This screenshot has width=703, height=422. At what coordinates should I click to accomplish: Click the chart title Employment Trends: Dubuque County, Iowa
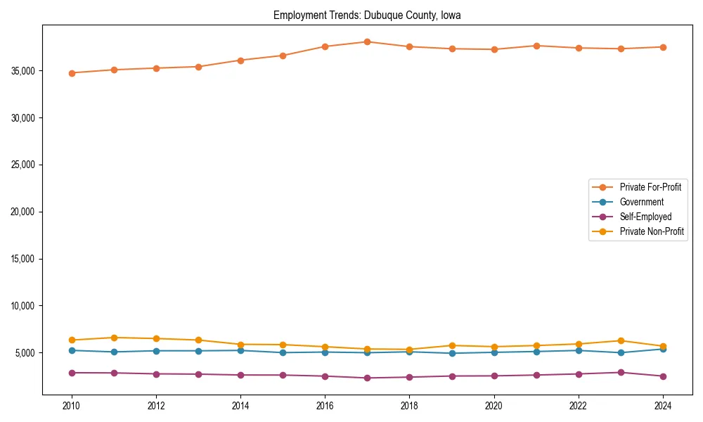[x=367, y=15]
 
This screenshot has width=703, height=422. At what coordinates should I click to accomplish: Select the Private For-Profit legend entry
[x=650, y=187]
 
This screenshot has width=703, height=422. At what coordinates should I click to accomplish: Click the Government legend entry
[x=641, y=202]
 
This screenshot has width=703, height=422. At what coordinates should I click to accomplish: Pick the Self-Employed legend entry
[x=645, y=217]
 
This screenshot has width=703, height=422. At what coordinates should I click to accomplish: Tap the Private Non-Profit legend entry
[x=652, y=231]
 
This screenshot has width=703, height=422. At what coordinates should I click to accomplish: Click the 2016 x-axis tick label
[x=325, y=406]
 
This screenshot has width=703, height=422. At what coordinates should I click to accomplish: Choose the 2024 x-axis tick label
[x=662, y=406]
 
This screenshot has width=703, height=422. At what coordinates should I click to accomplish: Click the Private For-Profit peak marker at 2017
[x=367, y=41]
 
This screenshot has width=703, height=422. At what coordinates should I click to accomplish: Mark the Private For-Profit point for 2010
[x=72, y=73]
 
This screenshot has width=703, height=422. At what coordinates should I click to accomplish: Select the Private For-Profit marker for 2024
[x=662, y=47]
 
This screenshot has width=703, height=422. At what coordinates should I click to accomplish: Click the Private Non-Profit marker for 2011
[x=114, y=338]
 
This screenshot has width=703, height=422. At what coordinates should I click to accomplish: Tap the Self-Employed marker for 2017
[x=367, y=378]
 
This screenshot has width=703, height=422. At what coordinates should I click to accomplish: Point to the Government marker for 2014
[x=240, y=350]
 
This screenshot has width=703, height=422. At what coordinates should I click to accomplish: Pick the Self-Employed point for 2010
[x=72, y=373]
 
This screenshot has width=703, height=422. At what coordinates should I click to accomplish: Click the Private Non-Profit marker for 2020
[x=494, y=347]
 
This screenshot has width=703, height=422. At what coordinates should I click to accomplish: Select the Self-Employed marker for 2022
[x=578, y=374]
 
